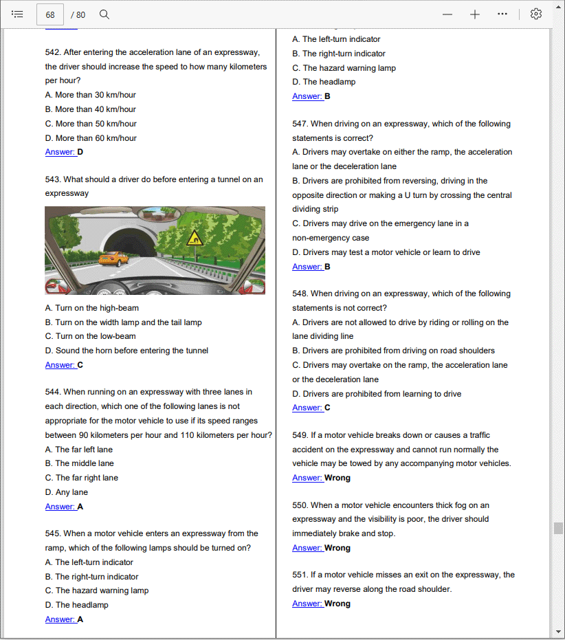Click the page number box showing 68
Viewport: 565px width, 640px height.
(50, 14)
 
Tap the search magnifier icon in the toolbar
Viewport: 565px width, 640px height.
(104, 14)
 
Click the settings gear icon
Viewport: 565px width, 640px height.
(536, 14)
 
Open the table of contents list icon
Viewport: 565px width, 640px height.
(18, 14)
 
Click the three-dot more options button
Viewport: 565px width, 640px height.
(502, 14)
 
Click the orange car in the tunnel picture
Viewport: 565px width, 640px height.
(113, 259)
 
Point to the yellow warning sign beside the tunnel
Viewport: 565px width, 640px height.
(196, 239)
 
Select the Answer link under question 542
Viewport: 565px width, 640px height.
(60, 152)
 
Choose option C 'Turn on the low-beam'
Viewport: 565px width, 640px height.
(91, 336)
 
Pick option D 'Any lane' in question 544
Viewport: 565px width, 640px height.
(67, 492)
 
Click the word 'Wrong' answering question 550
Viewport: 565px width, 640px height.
(337, 548)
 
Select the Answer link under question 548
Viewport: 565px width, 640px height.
(307, 408)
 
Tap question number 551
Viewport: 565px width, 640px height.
(300, 575)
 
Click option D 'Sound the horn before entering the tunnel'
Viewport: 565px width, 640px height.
(126, 351)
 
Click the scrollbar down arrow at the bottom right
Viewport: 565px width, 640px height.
(558, 632)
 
